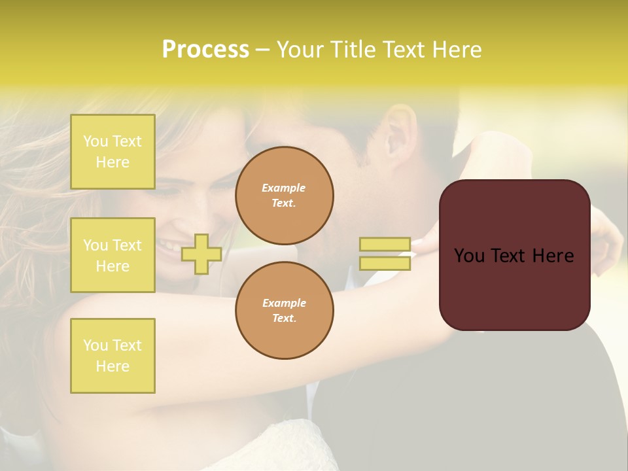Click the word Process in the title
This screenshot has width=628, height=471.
pyautogui.click(x=205, y=50)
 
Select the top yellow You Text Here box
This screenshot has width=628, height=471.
pyautogui.click(x=113, y=152)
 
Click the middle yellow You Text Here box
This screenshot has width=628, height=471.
pyautogui.click(x=113, y=255)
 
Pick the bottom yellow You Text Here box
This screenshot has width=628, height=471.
pyautogui.click(x=113, y=355)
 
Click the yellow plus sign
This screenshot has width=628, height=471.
pyautogui.click(x=201, y=254)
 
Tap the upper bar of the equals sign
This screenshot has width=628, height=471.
pyautogui.click(x=385, y=244)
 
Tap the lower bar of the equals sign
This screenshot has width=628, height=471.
pyautogui.click(x=385, y=263)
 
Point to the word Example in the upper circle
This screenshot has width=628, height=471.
pyautogui.click(x=284, y=188)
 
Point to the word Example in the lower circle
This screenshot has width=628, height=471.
pyautogui.click(x=284, y=303)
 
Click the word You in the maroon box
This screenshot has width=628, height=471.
pyautogui.click(x=469, y=256)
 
